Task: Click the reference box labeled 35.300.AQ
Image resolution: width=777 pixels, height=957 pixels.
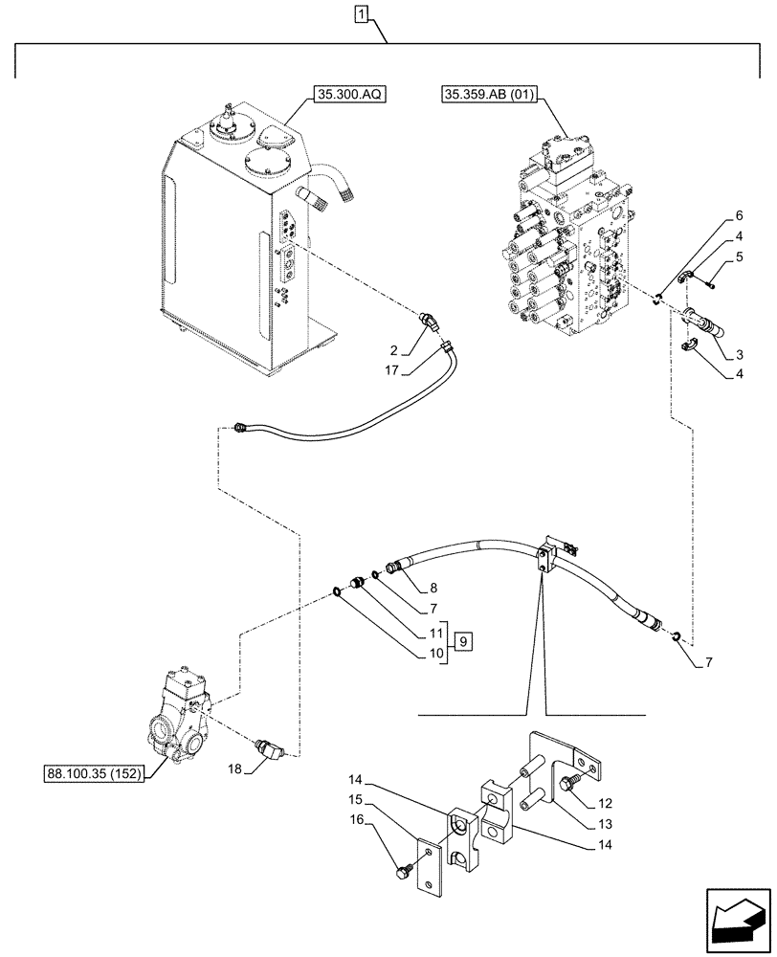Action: pos(345,96)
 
